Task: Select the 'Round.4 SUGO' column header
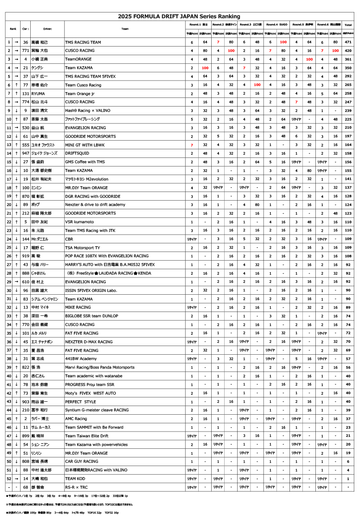click(x=276, y=24)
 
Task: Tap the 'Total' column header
click(x=348, y=24)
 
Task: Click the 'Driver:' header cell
click(x=48, y=29)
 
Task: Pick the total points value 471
click(x=348, y=42)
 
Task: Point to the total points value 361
click(x=348, y=59)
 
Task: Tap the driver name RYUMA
click(x=38, y=94)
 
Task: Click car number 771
click(x=25, y=50)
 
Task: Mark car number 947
click(x=25, y=154)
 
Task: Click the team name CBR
click(x=69, y=239)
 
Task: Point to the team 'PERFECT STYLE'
click(x=81, y=402)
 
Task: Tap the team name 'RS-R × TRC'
click(x=77, y=487)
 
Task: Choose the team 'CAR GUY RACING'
click(x=82, y=462)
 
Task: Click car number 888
click(x=25, y=273)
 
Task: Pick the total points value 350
click(x=348, y=68)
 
